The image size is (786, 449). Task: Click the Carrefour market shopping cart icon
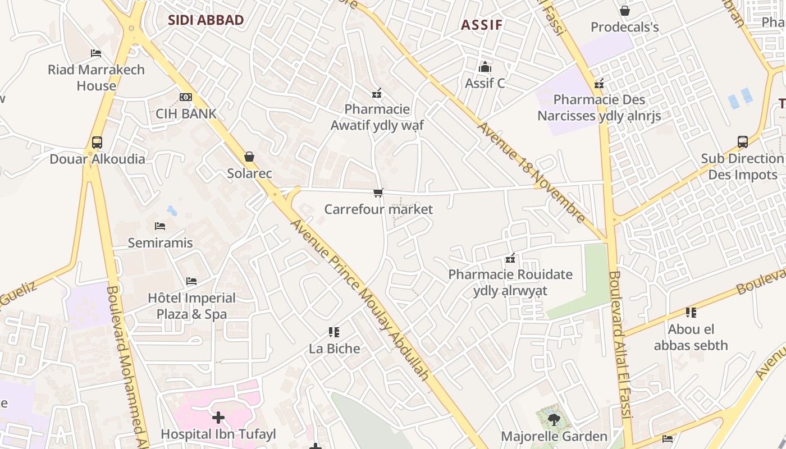[378, 193]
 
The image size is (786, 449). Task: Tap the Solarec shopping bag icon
[249, 157]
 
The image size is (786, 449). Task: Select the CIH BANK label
[186, 113]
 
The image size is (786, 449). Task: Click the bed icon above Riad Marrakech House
[96, 53]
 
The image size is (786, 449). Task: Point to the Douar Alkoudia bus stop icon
[97, 143]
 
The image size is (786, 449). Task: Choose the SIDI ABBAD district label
[206, 21]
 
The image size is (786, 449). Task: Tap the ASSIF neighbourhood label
[482, 25]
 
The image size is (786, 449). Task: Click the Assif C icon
[485, 67]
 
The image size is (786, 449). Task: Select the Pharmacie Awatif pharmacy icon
[377, 93]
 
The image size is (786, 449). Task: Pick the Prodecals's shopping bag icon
[624, 11]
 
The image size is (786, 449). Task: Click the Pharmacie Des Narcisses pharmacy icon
[599, 84]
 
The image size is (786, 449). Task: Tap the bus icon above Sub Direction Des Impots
[742, 142]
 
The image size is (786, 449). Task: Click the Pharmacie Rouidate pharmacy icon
[510, 258]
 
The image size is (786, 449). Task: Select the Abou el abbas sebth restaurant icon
[691, 313]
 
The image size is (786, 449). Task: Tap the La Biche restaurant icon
[334, 332]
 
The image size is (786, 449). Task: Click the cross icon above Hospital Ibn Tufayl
[218, 418]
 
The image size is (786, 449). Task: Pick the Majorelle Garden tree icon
[554, 419]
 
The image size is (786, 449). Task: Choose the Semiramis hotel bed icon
[160, 226]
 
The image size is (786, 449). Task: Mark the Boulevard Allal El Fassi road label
[621, 345]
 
